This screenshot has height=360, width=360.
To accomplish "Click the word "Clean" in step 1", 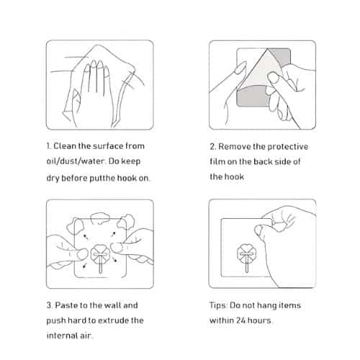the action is click(x=65, y=146).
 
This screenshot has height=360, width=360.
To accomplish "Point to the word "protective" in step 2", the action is click(x=288, y=147).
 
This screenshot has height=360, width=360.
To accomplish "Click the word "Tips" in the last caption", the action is click(x=218, y=305).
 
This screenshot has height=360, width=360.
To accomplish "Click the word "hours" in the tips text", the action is click(x=259, y=320).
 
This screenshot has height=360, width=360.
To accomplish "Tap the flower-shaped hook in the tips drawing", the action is click(x=246, y=258).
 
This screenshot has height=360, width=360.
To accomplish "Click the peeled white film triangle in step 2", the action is click(x=259, y=71).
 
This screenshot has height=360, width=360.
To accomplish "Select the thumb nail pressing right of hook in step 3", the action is click(x=115, y=248).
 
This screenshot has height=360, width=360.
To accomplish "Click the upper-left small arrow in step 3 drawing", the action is click(x=86, y=237).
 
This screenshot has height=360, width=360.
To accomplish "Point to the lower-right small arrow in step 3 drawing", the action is click(x=115, y=259).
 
